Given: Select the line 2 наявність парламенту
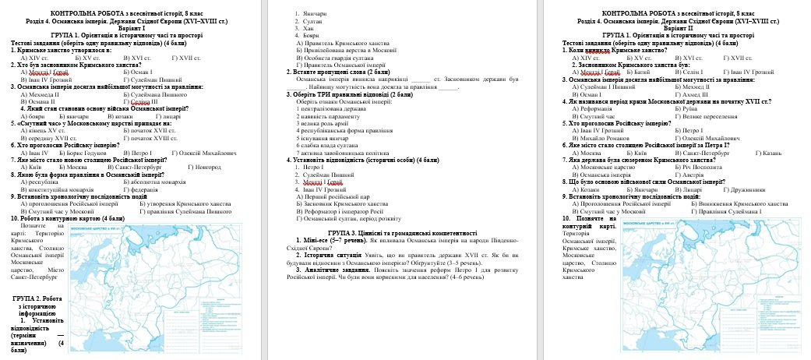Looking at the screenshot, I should [x=329, y=115].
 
